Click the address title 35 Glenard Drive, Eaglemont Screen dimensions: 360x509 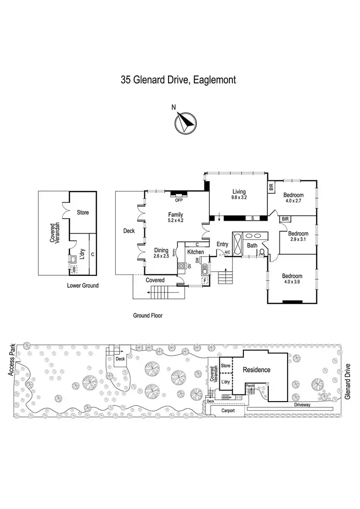pos(178,80)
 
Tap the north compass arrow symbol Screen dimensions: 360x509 pos(184,122)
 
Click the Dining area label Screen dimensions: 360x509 pos(161,250)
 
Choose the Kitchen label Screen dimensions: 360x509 pos(196,252)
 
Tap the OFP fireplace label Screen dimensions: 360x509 pos(179,194)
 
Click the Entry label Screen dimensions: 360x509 pos(222,245)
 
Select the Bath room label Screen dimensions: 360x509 pos(252,246)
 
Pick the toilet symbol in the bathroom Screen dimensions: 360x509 pos(262,251)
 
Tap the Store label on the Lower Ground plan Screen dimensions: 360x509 pos(83,212)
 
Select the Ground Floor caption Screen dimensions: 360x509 pos(148,316)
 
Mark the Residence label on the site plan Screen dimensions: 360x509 pos(256,370)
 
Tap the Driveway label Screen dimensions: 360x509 pos(304,405)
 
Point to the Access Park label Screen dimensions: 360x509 pos(12,359)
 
